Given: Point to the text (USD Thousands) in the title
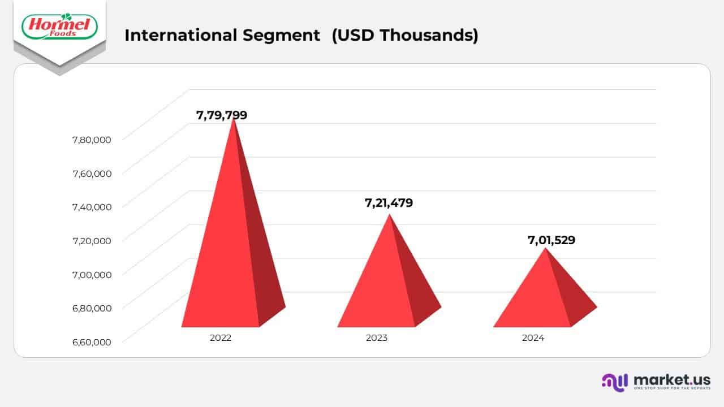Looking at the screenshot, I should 405,35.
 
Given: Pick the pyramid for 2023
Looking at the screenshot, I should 385,283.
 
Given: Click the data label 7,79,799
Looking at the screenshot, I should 222,115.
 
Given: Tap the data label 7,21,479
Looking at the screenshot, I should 389,202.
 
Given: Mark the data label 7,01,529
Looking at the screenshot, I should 551,240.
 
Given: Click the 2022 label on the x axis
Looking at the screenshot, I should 221,338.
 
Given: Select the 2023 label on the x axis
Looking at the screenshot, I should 377,338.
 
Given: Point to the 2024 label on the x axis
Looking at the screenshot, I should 533,338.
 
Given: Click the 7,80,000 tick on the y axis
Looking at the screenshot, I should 92,140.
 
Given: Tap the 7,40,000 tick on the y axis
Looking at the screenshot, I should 92,207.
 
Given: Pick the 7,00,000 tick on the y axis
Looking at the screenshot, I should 92,274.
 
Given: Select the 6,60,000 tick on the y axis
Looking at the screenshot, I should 92,341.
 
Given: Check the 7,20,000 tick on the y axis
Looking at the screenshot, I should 92,240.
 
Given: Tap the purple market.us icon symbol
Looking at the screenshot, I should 614,382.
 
